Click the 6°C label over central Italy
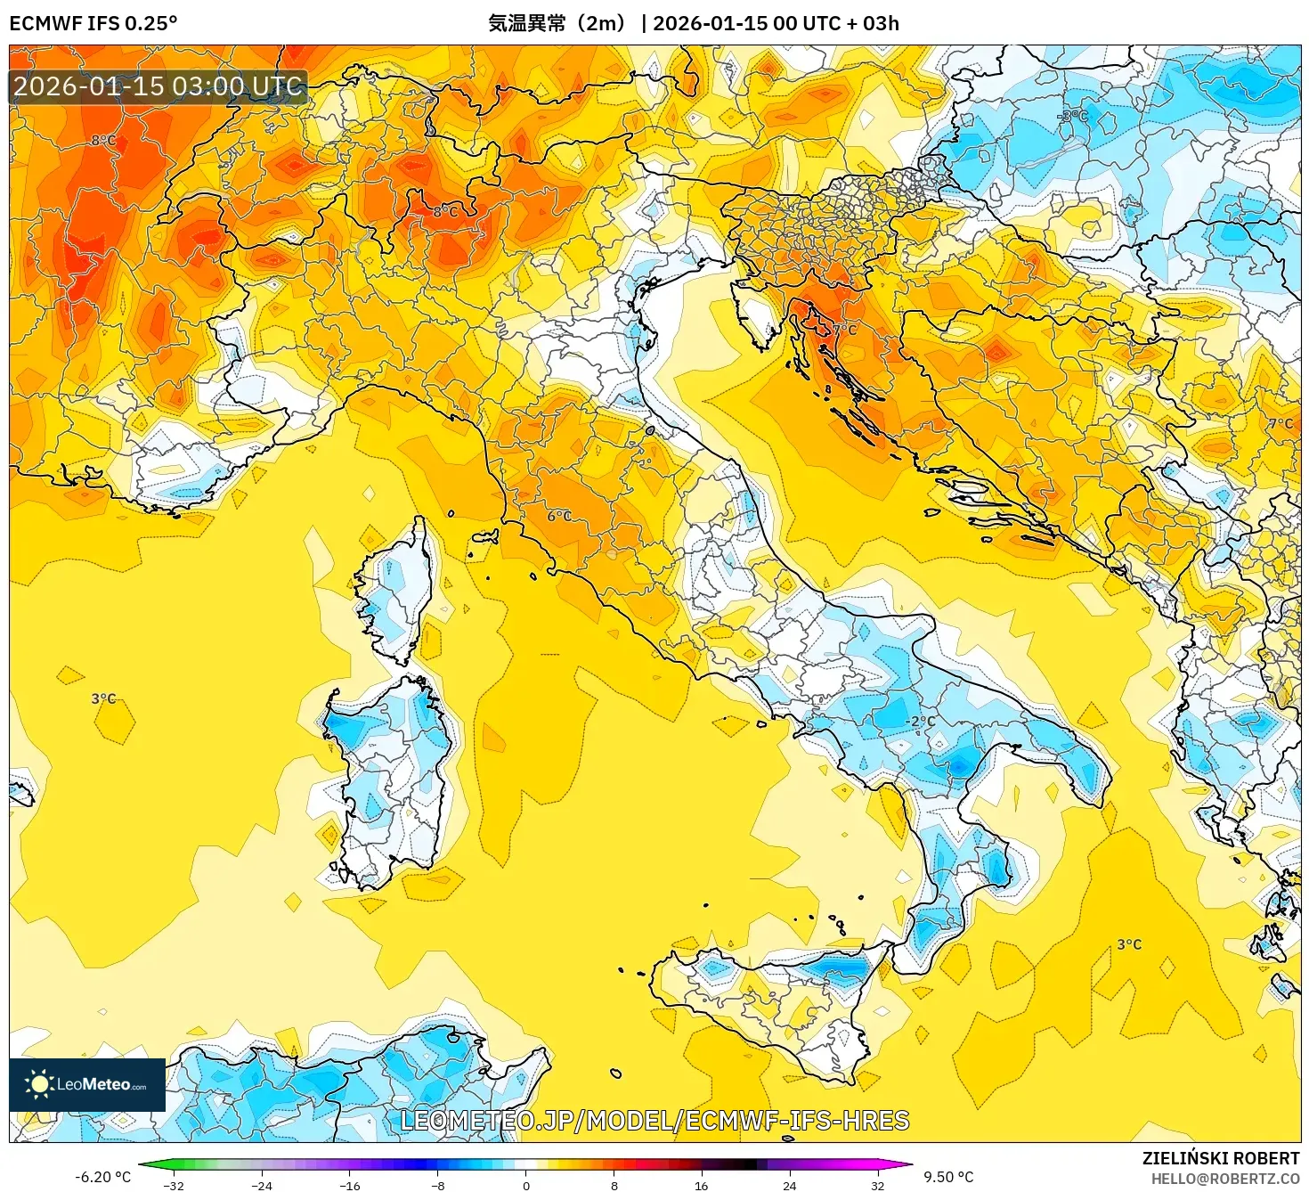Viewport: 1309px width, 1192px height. pos(559,516)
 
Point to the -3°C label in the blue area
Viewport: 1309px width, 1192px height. pos(1072,116)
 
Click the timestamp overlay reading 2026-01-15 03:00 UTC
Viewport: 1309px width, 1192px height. pos(159,86)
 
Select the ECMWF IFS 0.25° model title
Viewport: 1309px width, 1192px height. pos(93,23)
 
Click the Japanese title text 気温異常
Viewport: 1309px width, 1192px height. pos(526,23)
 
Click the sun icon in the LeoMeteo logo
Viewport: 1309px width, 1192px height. pos(38,1084)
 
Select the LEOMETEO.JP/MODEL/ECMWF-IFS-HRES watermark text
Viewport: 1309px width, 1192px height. pos(654,1121)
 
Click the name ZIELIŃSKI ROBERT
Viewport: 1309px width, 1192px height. pos(1221,1158)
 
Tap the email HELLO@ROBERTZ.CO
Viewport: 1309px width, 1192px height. pos(1225,1179)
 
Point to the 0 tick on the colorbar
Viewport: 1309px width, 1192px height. pos(526,1185)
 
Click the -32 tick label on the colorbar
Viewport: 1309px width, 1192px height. pos(174,1185)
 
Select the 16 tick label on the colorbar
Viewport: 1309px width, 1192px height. pos(702,1185)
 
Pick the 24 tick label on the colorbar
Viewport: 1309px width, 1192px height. pos(789,1185)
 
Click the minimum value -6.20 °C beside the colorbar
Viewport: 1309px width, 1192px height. pos(102,1177)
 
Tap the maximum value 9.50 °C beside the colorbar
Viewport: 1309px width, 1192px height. pos(948,1177)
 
